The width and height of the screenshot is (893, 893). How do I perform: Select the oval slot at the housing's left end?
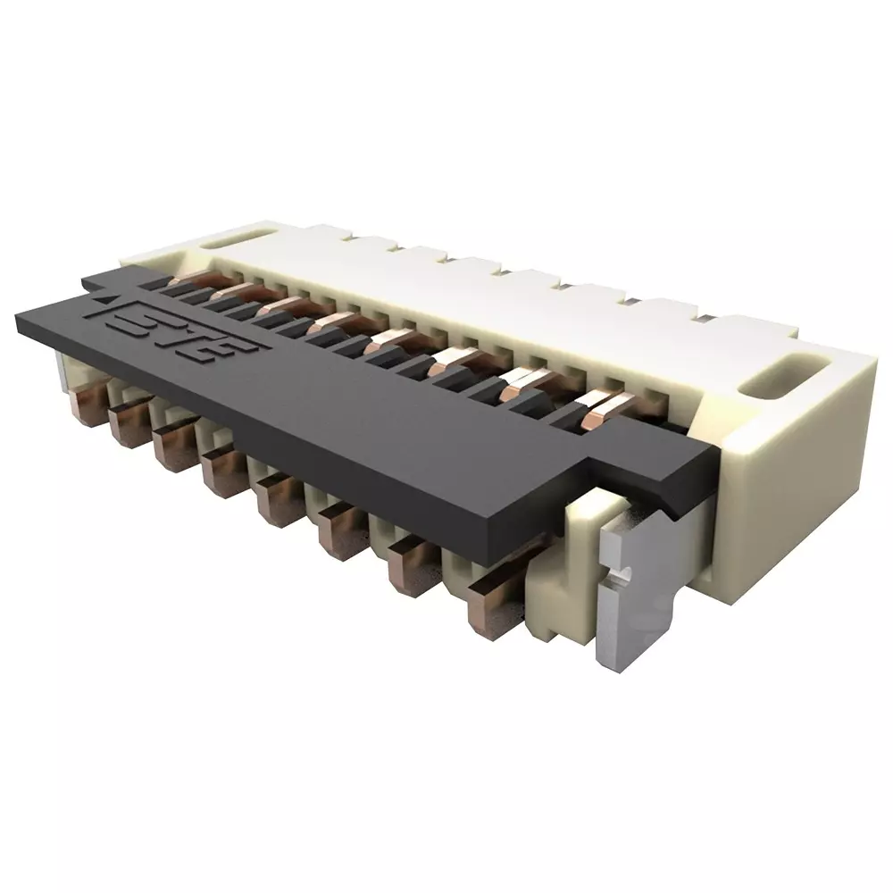[x=228, y=238]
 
